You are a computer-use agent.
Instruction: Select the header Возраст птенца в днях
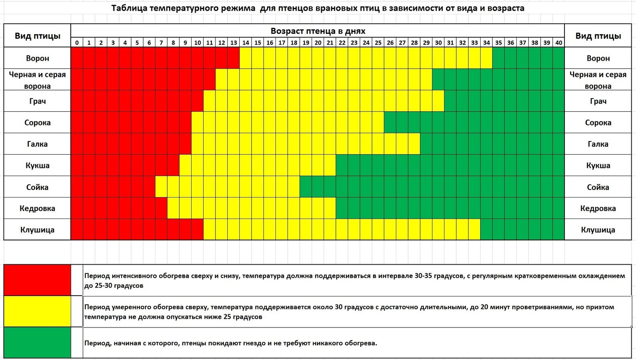coord(318,31)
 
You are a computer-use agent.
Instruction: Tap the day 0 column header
coord(77,43)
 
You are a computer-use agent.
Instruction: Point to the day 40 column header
coord(558,43)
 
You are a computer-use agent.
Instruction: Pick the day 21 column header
coord(330,43)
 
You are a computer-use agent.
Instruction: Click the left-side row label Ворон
coord(37,58)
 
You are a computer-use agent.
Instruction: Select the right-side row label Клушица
coord(598,230)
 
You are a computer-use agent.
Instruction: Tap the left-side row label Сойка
coord(37,187)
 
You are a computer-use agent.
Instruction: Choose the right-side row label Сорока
coord(598,122)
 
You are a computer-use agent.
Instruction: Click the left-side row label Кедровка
coord(37,208)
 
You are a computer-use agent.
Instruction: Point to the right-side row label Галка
coord(598,144)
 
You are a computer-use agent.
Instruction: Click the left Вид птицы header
coord(37,36)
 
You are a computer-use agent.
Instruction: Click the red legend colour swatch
coord(37,280)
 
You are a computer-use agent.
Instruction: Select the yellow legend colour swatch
coord(37,312)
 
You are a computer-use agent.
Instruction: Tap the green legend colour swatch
coord(37,343)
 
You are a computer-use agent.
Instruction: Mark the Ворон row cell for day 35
coord(498,58)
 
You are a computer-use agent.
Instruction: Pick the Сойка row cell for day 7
coord(161,187)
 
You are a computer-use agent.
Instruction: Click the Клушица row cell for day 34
coord(487,230)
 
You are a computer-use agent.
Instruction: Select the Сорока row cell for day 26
coord(390,122)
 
